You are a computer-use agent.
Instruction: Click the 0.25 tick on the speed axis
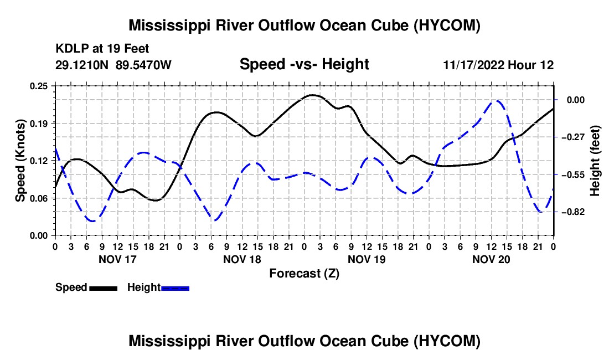tap(39, 86)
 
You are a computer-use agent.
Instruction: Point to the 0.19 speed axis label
tap(39, 124)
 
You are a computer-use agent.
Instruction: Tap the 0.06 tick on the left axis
tap(39, 198)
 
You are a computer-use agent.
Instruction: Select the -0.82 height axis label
tap(573, 212)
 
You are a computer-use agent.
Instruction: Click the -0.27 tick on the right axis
tap(573, 137)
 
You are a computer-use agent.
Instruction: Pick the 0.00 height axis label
tap(576, 100)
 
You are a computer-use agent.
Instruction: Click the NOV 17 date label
tap(118, 259)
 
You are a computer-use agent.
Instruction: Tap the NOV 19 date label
tap(367, 259)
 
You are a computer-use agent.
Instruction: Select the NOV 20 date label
tap(491, 259)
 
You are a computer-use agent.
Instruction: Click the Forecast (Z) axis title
tap(304, 274)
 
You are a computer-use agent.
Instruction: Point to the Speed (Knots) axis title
tap(20, 161)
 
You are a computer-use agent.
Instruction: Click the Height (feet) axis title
tap(595, 161)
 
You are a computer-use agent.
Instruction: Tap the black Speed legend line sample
tap(104, 289)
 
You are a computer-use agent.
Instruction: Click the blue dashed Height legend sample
tap(175, 289)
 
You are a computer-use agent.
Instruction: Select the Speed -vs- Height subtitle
tap(304, 64)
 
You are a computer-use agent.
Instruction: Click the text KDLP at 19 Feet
tap(102, 49)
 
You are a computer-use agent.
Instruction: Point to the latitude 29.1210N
tap(82, 65)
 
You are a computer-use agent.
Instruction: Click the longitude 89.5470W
tap(143, 65)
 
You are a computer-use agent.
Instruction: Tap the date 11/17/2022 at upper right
tap(473, 65)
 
